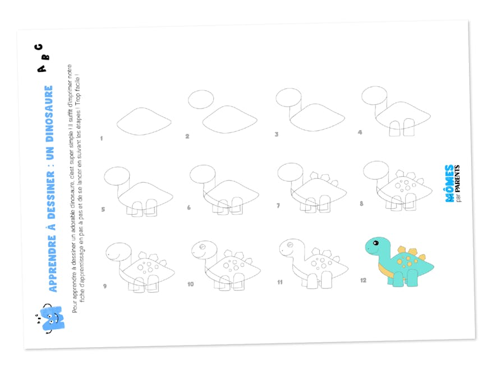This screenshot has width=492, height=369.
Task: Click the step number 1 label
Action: click(x=102, y=137)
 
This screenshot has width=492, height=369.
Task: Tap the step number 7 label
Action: click(x=278, y=206)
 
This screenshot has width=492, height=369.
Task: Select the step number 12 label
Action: click(x=364, y=280)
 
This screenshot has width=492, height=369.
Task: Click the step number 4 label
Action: click(x=360, y=132)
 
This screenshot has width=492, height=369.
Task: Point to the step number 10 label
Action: click(x=190, y=284)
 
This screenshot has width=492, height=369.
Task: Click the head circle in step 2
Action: click(x=201, y=100)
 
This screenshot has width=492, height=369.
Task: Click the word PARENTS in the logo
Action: click(x=458, y=174)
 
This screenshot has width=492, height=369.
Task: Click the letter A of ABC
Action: click(x=41, y=68)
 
